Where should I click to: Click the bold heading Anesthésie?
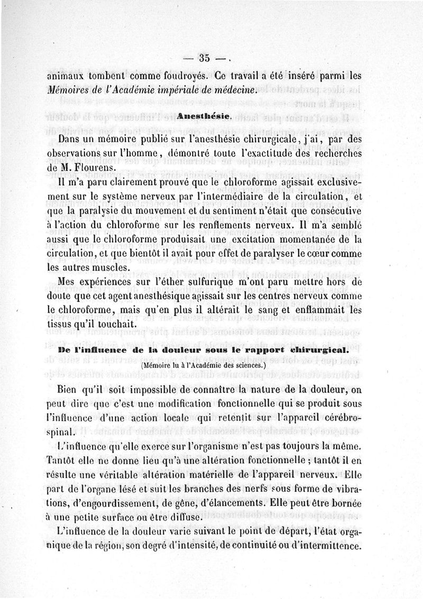pos(202,115)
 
